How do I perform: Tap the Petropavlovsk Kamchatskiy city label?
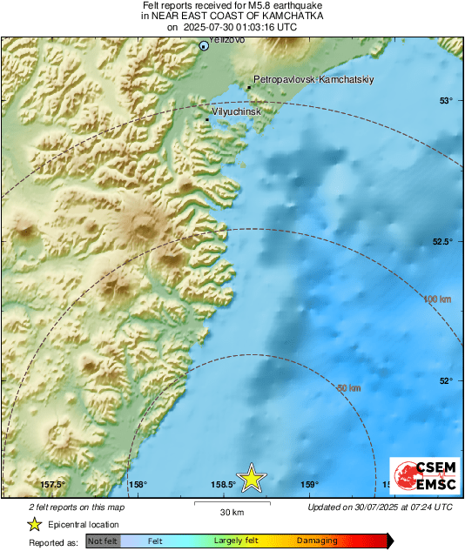313,80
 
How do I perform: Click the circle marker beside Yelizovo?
205,46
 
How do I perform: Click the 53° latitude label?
446,101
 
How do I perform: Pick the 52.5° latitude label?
442,241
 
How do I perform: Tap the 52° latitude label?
446,380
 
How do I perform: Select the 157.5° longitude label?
53,485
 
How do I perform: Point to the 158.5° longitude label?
224,485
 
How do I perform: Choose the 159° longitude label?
309,485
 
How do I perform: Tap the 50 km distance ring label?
348,387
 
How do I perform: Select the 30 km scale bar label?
232,511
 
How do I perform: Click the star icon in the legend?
35,524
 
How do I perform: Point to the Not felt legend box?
103,541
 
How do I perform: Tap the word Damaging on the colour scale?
318,541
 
